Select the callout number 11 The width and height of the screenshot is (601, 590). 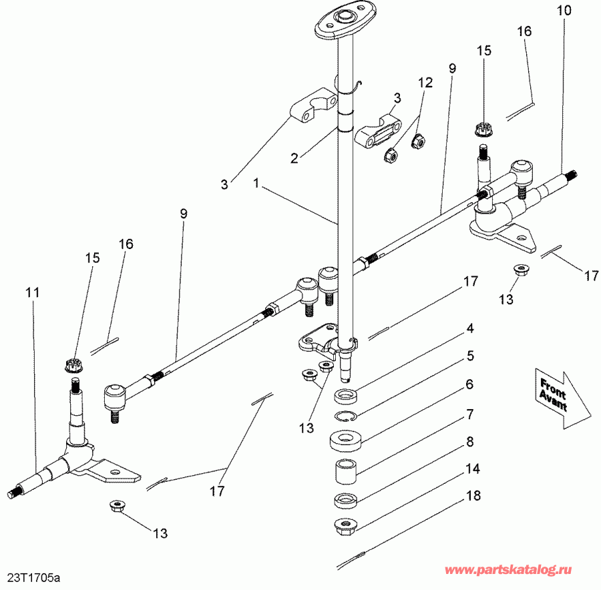click(x=33, y=292)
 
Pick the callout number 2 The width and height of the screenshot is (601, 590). click(x=294, y=158)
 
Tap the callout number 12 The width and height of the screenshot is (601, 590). click(x=425, y=83)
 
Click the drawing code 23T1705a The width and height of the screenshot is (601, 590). click(x=37, y=575)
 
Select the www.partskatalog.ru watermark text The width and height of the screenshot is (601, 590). click(x=509, y=571)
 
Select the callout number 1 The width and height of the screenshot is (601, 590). click(x=258, y=182)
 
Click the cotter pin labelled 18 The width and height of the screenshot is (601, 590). click(x=352, y=557)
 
